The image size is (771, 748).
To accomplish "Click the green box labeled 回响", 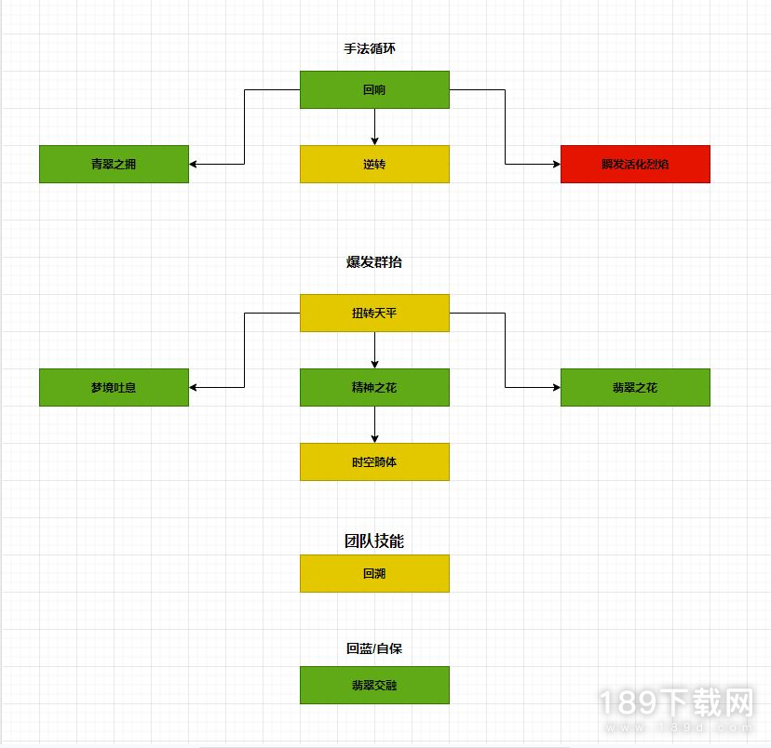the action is click(374, 90).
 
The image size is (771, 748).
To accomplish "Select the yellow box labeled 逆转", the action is click(374, 164).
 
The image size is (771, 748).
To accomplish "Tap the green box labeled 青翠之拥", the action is click(115, 164).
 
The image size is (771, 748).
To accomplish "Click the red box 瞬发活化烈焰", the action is click(635, 164).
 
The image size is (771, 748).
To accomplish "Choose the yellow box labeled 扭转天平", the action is click(374, 313).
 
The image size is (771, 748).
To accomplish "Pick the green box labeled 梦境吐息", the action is click(115, 388).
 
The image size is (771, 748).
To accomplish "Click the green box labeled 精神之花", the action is click(374, 388).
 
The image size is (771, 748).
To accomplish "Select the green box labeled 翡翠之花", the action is click(635, 388).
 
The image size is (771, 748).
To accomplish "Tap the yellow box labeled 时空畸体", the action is click(374, 461).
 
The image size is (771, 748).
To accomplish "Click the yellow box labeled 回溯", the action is click(374, 574).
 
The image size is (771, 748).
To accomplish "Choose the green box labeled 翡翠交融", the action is click(374, 685).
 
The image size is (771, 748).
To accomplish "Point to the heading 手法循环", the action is click(370, 48).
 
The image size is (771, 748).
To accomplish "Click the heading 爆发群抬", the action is click(374, 261).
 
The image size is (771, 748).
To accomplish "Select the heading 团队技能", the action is click(374, 541).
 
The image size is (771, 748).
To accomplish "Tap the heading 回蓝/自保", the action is click(374, 648).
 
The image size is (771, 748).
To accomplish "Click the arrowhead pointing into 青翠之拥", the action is click(193, 164).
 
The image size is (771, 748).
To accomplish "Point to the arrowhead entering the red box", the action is click(557, 164).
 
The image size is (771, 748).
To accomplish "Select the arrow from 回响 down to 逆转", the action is click(374, 127).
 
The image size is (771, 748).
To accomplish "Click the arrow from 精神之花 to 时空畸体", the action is click(374, 425).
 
